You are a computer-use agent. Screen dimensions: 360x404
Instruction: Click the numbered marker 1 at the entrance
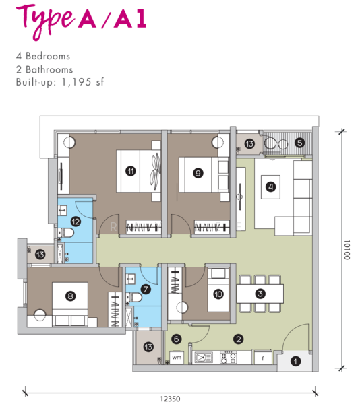[295, 361]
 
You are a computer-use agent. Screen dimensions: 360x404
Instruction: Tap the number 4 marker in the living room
[270, 187]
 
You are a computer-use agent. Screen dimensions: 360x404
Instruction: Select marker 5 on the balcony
[299, 143]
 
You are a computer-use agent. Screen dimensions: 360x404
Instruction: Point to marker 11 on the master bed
[131, 171]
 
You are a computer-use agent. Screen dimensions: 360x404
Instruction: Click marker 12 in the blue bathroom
[76, 222]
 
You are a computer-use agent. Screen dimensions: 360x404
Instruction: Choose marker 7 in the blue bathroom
[146, 289]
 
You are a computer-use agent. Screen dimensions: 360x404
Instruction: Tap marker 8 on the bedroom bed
[70, 296]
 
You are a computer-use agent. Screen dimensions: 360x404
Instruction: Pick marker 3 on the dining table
[260, 294]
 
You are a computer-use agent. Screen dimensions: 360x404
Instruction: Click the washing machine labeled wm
[177, 358]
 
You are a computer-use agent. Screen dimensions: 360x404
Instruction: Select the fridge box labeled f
[263, 358]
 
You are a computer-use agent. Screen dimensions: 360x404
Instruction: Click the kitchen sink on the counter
[204, 358]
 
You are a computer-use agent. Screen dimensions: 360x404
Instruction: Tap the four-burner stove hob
[229, 357]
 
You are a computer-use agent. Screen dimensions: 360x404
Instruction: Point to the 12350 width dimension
[170, 399]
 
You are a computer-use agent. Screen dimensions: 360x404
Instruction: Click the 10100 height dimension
[347, 250]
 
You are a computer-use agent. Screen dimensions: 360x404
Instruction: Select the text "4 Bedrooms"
[43, 56]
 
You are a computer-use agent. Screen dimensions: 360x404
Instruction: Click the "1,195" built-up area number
[76, 82]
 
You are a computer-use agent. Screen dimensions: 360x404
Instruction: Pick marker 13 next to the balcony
[249, 143]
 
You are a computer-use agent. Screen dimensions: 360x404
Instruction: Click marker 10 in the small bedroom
[218, 294]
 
